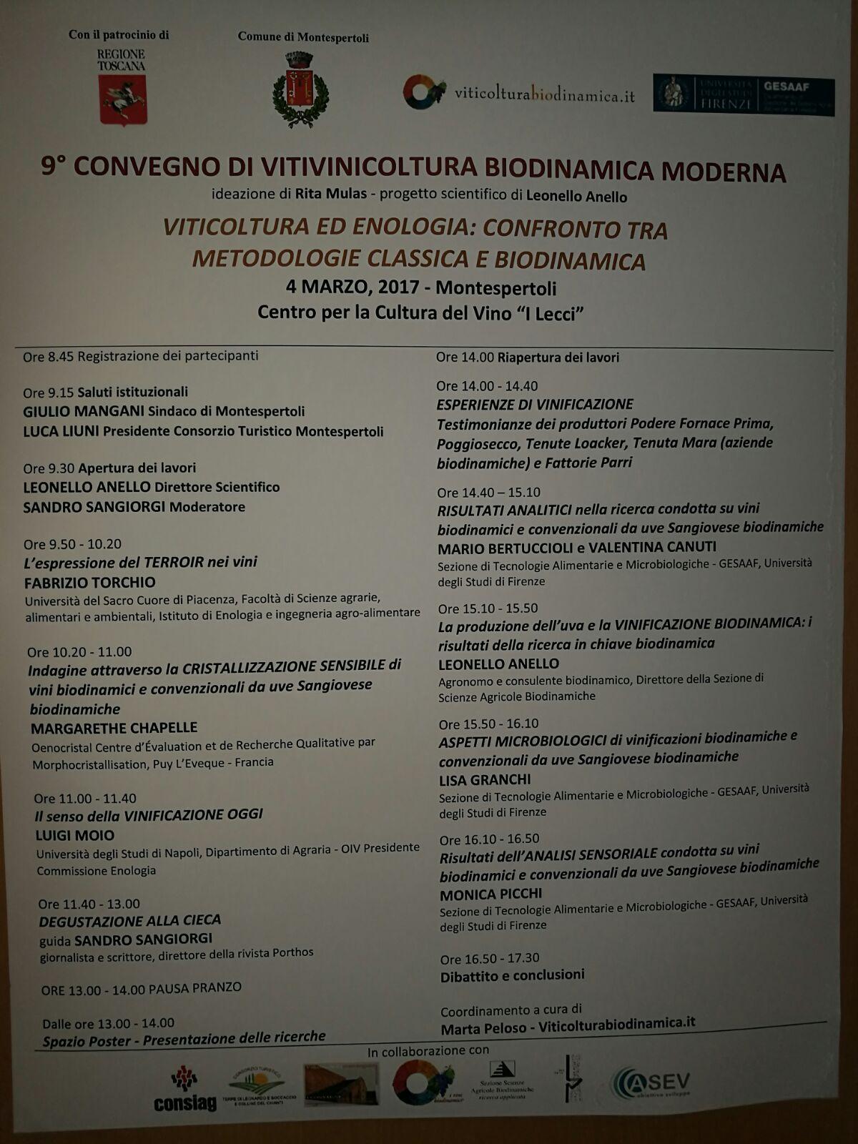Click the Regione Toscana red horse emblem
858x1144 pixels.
click(x=122, y=99)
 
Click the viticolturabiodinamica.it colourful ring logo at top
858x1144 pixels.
click(x=424, y=92)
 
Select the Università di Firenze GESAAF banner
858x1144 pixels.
click(x=744, y=95)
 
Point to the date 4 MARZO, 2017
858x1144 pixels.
click(x=352, y=287)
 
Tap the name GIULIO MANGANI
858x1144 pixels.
click(x=84, y=412)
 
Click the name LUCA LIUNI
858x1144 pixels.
click(x=61, y=432)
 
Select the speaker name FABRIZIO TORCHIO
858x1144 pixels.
click(x=90, y=583)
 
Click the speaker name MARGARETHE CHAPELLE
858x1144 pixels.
click(x=114, y=728)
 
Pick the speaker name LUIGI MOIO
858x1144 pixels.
click(x=75, y=835)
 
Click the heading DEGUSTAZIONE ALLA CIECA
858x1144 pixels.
click(x=129, y=921)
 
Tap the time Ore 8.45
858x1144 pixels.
click(x=48, y=357)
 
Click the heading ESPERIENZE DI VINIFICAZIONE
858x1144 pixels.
click(x=535, y=405)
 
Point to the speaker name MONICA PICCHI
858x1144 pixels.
click(x=490, y=894)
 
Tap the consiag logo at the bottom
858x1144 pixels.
click(x=184, y=1091)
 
